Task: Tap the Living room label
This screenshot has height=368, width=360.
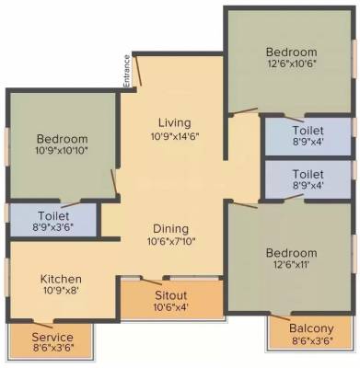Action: click(x=174, y=122)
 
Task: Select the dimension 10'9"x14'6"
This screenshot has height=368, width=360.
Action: click(x=174, y=136)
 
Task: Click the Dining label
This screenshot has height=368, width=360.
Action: click(x=171, y=229)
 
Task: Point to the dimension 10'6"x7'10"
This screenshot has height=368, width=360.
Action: click(x=171, y=243)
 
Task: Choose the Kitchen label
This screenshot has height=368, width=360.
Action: click(x=62, y=279)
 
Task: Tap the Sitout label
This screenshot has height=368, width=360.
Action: click(x=172, y=294)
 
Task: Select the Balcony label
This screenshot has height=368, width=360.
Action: click(x=310, y=328)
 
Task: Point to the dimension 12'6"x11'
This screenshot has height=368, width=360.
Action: click(x=291, y=267)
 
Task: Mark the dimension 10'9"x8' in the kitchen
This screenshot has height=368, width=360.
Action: click(x=62, y=293)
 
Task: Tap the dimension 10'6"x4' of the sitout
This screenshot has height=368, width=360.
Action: click(x=172, y=307)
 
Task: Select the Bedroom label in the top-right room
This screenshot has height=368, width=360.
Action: click(x=291, y=52)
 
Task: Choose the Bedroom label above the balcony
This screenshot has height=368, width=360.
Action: click(x=291, y=253)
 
